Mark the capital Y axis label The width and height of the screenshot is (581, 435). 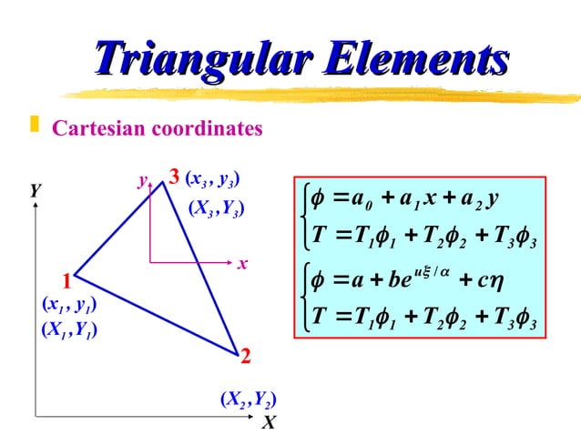(35, 191)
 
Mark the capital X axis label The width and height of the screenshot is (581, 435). (268, 423)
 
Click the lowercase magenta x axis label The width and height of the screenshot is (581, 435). (243, 264)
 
